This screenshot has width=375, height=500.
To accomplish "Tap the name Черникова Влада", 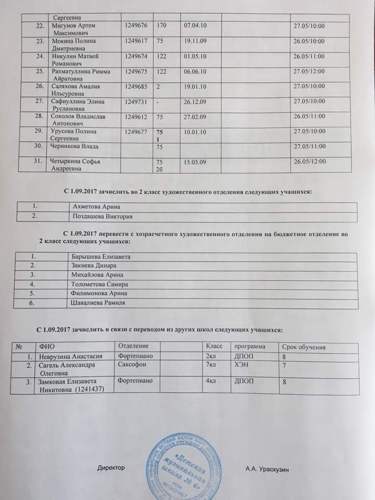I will pos(77,146).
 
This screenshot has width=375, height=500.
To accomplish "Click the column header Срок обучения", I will pos(304,347).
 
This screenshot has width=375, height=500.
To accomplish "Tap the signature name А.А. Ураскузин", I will pos(267,470).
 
